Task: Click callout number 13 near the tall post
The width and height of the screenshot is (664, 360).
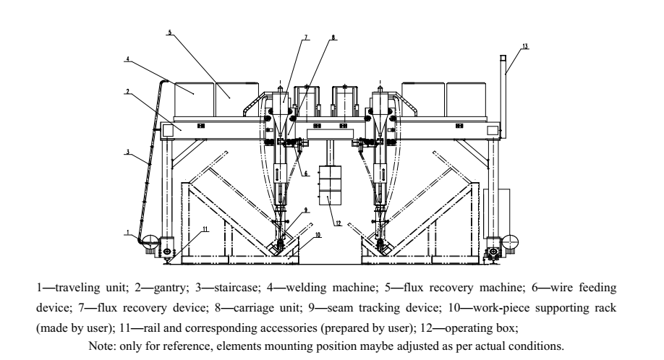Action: [525, 46]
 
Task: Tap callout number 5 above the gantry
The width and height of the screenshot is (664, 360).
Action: [169, 33]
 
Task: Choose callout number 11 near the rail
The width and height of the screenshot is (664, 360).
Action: [205, 228]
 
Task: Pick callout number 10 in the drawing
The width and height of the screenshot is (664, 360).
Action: [316, 235]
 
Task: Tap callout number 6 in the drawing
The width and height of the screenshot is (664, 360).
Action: [307, 173]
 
